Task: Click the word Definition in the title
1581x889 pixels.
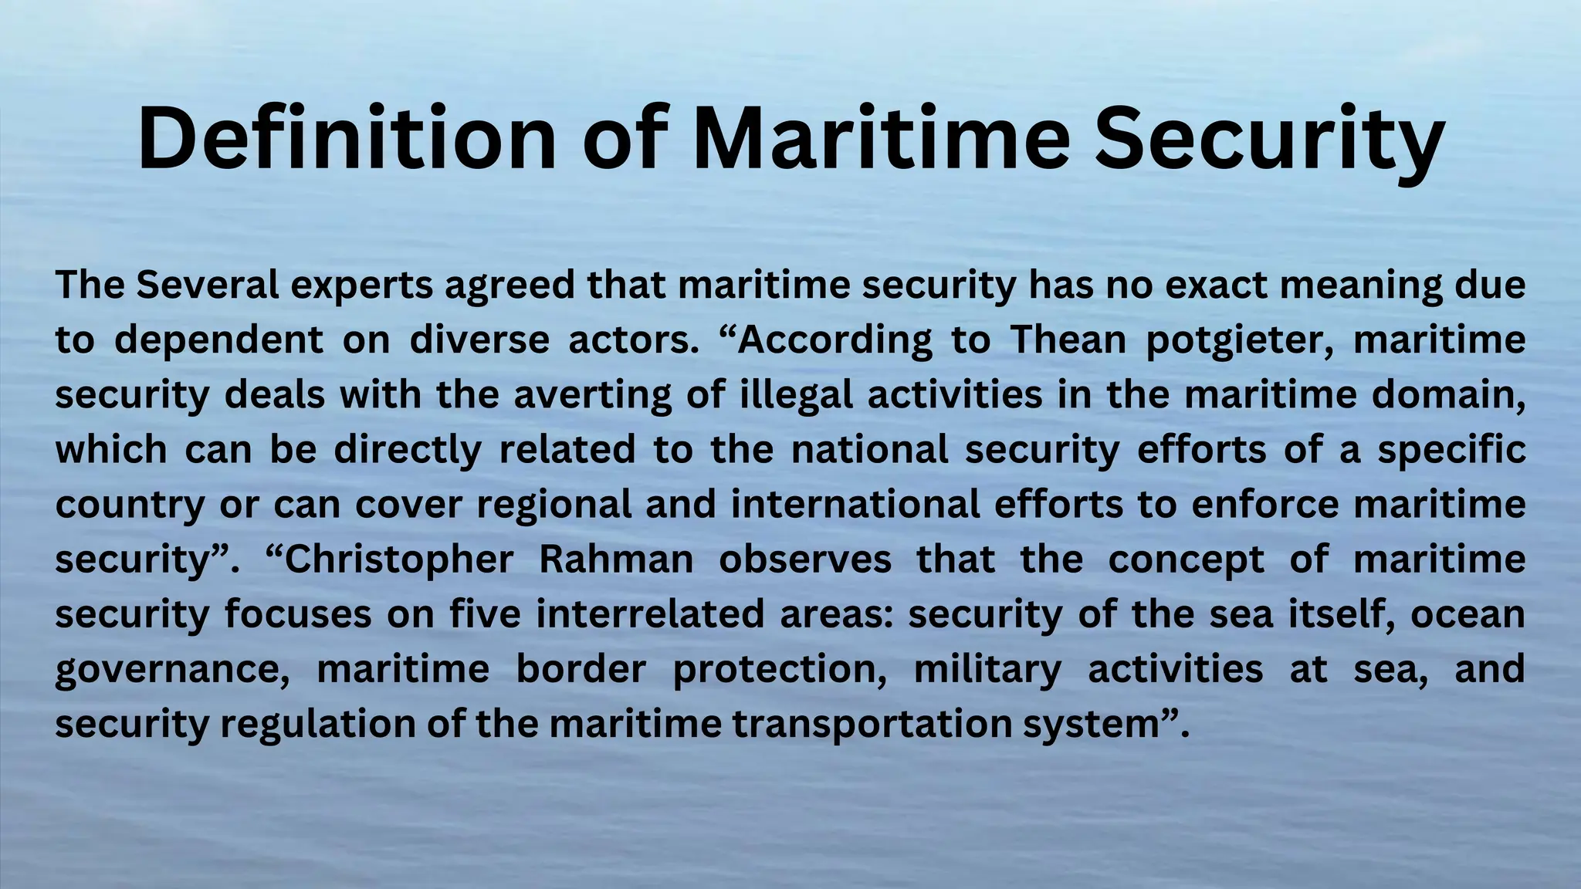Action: click(347, 139)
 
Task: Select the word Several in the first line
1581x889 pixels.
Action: click(208, 286)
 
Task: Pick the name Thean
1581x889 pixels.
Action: click(1068, 340)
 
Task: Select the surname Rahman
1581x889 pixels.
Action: click(616, 559)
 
